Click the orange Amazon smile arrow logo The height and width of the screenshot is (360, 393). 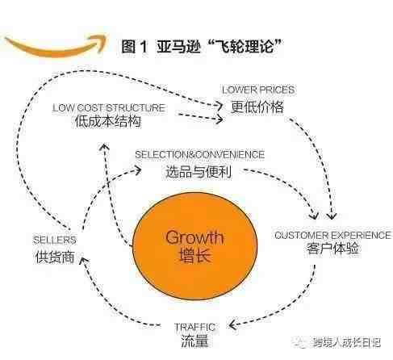pyautogui.click(x=54, y=48)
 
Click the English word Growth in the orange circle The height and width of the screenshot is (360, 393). pyautogui.click(x=194, y=237)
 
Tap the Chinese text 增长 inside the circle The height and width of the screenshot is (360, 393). pyautogui.click(x=194, y=255)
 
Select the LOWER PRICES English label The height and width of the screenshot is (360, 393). pyautogui.click(x=258, y=90)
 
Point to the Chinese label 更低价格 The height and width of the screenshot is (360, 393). pyautogui.click(x=257, y=107)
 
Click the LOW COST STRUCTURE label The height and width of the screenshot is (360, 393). pyautogui.click(x=109, y=108)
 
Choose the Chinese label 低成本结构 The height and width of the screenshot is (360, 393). pyautogui.click(x=108, y=121)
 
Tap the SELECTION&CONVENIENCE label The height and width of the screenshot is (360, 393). pyautogui.click(x=200, y=155)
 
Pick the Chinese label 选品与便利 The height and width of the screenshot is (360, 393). pyautogui.click(x=199, y=171)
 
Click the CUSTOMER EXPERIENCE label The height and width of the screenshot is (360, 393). pyautogui.click(x=332, y=236)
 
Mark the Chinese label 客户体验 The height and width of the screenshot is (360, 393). pyautogui.click(x=332, y=248)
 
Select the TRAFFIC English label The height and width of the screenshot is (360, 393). pyautogui.click(x=194, y=327)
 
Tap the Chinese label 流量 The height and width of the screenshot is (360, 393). pyautogui.click(x=194, y=341)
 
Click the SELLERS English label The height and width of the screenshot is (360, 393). pyautogui.click(x=55, y=240)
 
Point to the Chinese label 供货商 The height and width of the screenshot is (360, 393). pyautogui.click(x=55, y=257)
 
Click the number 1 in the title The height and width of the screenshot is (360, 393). pyautogui.click(x=144, y=46)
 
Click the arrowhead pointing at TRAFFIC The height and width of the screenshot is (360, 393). pyautogui.click(x=232, y=325)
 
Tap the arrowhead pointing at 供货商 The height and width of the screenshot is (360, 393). pyautogui.click(x=84, y=261)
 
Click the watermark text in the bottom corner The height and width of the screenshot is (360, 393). pyautogui.click(x=346, y=343)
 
